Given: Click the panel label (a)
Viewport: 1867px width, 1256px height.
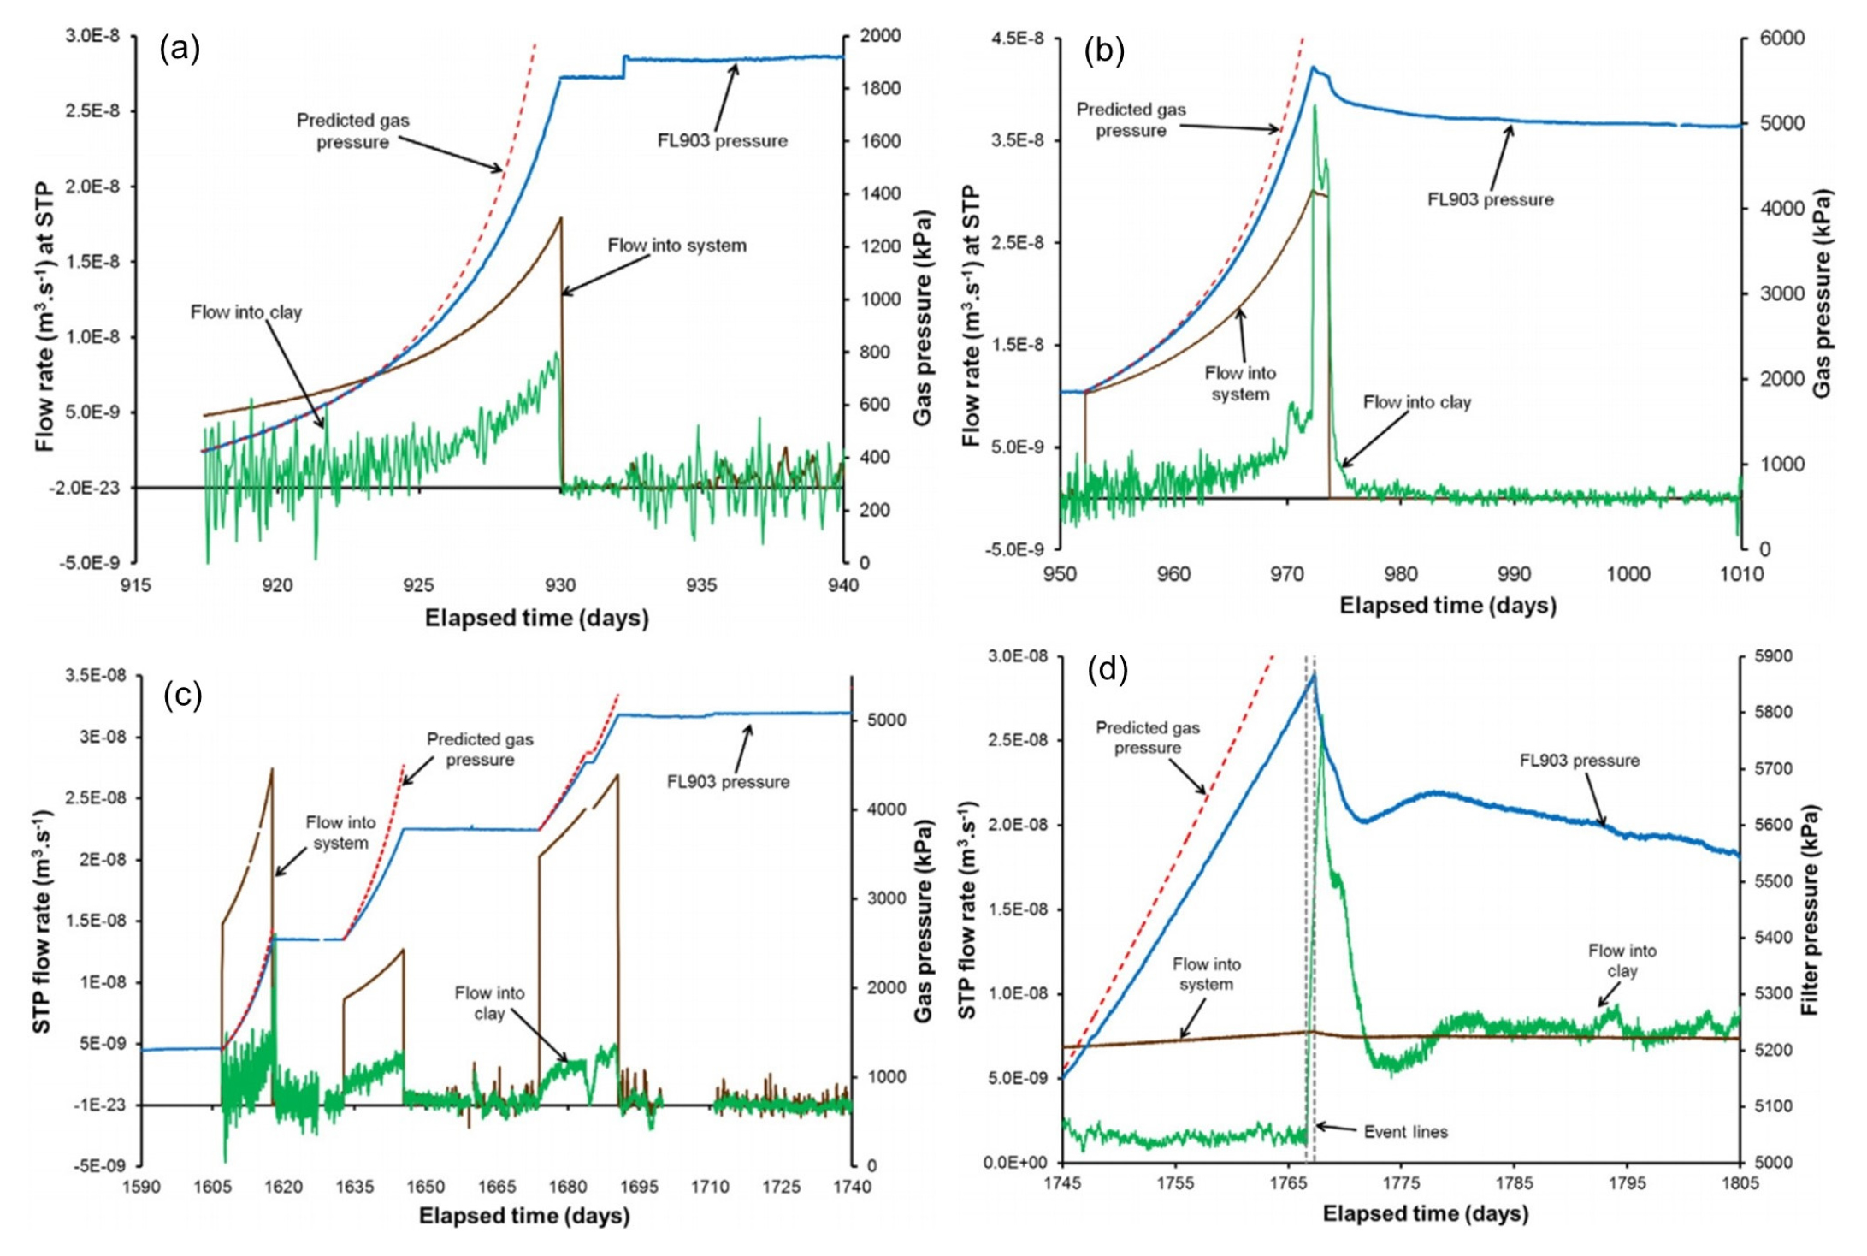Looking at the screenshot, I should [180, 50].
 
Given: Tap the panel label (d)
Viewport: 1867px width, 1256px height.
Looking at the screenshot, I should [1107, 669].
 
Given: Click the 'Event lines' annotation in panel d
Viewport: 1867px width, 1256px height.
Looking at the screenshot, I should [1405, 1132].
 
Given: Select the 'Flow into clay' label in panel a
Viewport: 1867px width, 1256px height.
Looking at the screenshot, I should [246, 312].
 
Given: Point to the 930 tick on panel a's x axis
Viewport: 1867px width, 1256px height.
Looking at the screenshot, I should [560, 586].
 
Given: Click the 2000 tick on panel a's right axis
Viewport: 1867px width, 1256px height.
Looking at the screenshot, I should [880, 36].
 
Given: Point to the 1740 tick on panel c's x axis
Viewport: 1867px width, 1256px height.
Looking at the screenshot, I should [851, 1187].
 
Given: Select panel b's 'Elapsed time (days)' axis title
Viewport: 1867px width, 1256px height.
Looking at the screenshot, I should [1447, 606].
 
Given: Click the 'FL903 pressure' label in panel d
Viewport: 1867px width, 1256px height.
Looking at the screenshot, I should [1579, 761].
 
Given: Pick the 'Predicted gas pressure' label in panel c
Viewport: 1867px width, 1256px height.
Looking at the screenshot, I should [480, 749].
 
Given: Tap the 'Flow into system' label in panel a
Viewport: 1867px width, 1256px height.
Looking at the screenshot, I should [676, 246].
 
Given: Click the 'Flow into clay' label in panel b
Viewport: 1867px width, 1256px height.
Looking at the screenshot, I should [1416, 402].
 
